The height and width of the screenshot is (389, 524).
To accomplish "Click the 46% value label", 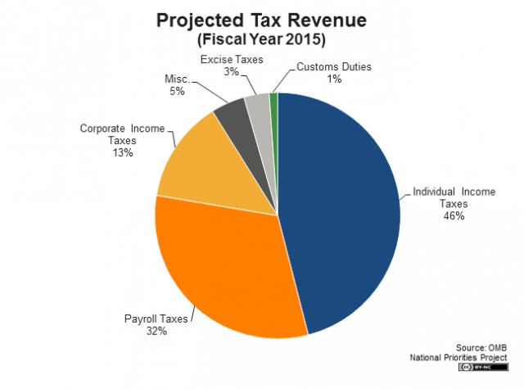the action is point(454,216).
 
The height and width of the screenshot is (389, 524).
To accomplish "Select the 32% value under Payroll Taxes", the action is point(156,331).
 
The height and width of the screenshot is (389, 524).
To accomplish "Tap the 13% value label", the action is point(123,152).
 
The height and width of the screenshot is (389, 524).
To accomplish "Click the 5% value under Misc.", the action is point(177,91).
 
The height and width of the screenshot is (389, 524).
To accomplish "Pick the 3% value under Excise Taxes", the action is point(231,71).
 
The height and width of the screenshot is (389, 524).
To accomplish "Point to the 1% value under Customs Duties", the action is point(334,79).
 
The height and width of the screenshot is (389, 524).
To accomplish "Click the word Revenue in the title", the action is point(327,20).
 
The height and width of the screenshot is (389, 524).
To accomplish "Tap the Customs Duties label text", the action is point(334,67).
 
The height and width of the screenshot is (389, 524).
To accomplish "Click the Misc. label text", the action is point(178,79).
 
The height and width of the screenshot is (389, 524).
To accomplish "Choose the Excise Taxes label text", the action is point(232,60).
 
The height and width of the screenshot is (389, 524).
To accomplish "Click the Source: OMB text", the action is point(481,347).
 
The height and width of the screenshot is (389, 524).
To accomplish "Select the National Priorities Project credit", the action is point(458,358).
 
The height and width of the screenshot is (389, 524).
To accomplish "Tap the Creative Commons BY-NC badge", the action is point(484,367).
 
